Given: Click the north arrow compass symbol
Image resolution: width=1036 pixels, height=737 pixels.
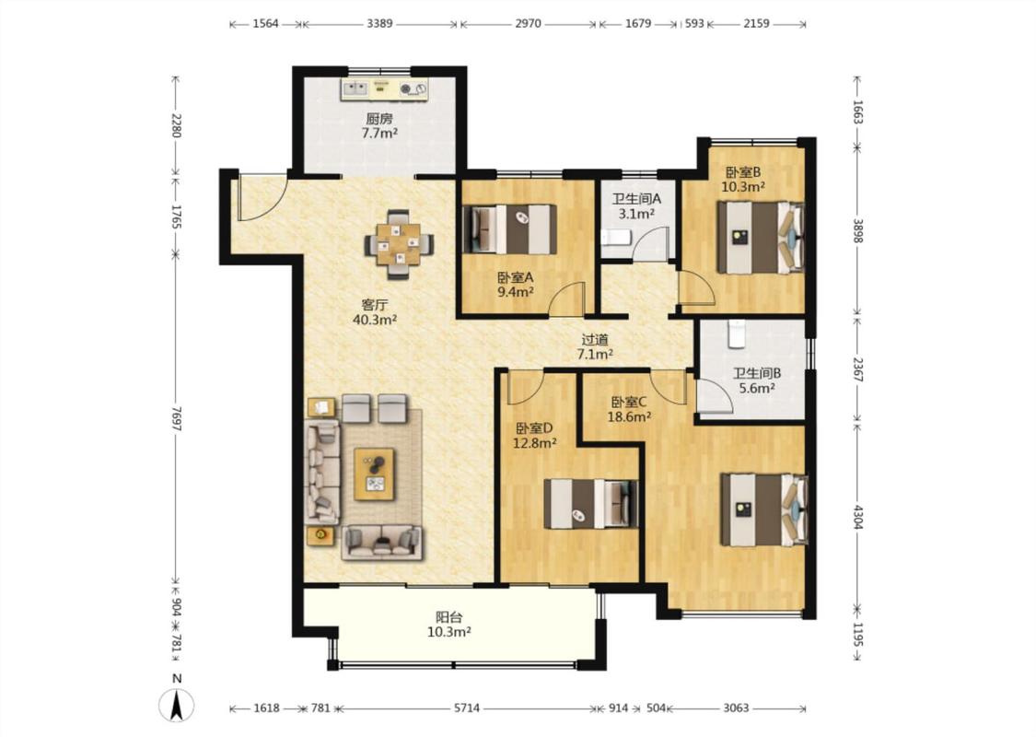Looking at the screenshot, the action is pyautogui.click(x=177, y=705).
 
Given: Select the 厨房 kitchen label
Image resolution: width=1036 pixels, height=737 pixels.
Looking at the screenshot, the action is pyautogui.click(x=379, y=119).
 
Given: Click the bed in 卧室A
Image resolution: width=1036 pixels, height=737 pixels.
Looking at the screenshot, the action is pyautogui.click(x=510, y=229).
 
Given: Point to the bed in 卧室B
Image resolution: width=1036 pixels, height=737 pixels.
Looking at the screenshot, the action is pyautogui.click(x=761, y=238).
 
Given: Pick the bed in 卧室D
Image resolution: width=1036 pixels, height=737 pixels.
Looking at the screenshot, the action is pyautogui.click(x=590, y=504).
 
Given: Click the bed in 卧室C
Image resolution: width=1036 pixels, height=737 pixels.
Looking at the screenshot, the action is pyautogui.click(x=764, y=509).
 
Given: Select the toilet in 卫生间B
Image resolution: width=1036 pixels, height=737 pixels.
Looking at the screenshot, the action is pyautogui.click(x=736, y=333).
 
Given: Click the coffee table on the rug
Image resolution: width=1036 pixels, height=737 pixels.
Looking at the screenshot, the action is pyautogui.click(x=375, y=474).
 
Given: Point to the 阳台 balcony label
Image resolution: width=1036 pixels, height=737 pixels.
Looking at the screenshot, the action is pyautogui.click(x=448, y=617).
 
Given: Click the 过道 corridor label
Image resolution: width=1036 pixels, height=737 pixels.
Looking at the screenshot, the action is pyautogui.click(x=595, y=340).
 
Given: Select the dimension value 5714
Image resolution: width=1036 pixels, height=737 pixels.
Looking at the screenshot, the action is pyautogui.click(x=467, y=708).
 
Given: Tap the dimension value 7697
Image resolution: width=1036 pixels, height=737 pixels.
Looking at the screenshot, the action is pyautogui.click(x=176, y=417).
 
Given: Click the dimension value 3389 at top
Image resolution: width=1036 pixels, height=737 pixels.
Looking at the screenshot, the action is pyautogui.click(x=379, y=23).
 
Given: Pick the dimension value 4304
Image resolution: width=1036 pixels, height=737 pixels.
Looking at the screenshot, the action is pyautogui.click(x=857, y=517).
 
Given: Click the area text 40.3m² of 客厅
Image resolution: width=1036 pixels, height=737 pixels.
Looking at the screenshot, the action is pyautogui.click(x=375, y=320).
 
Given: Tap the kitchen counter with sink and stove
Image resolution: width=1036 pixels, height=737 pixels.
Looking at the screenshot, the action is pyautogui.click(x=384, y=89).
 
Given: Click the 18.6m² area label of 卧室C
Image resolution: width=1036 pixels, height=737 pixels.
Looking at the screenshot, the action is pyautogui.click(x=630, y=416).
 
